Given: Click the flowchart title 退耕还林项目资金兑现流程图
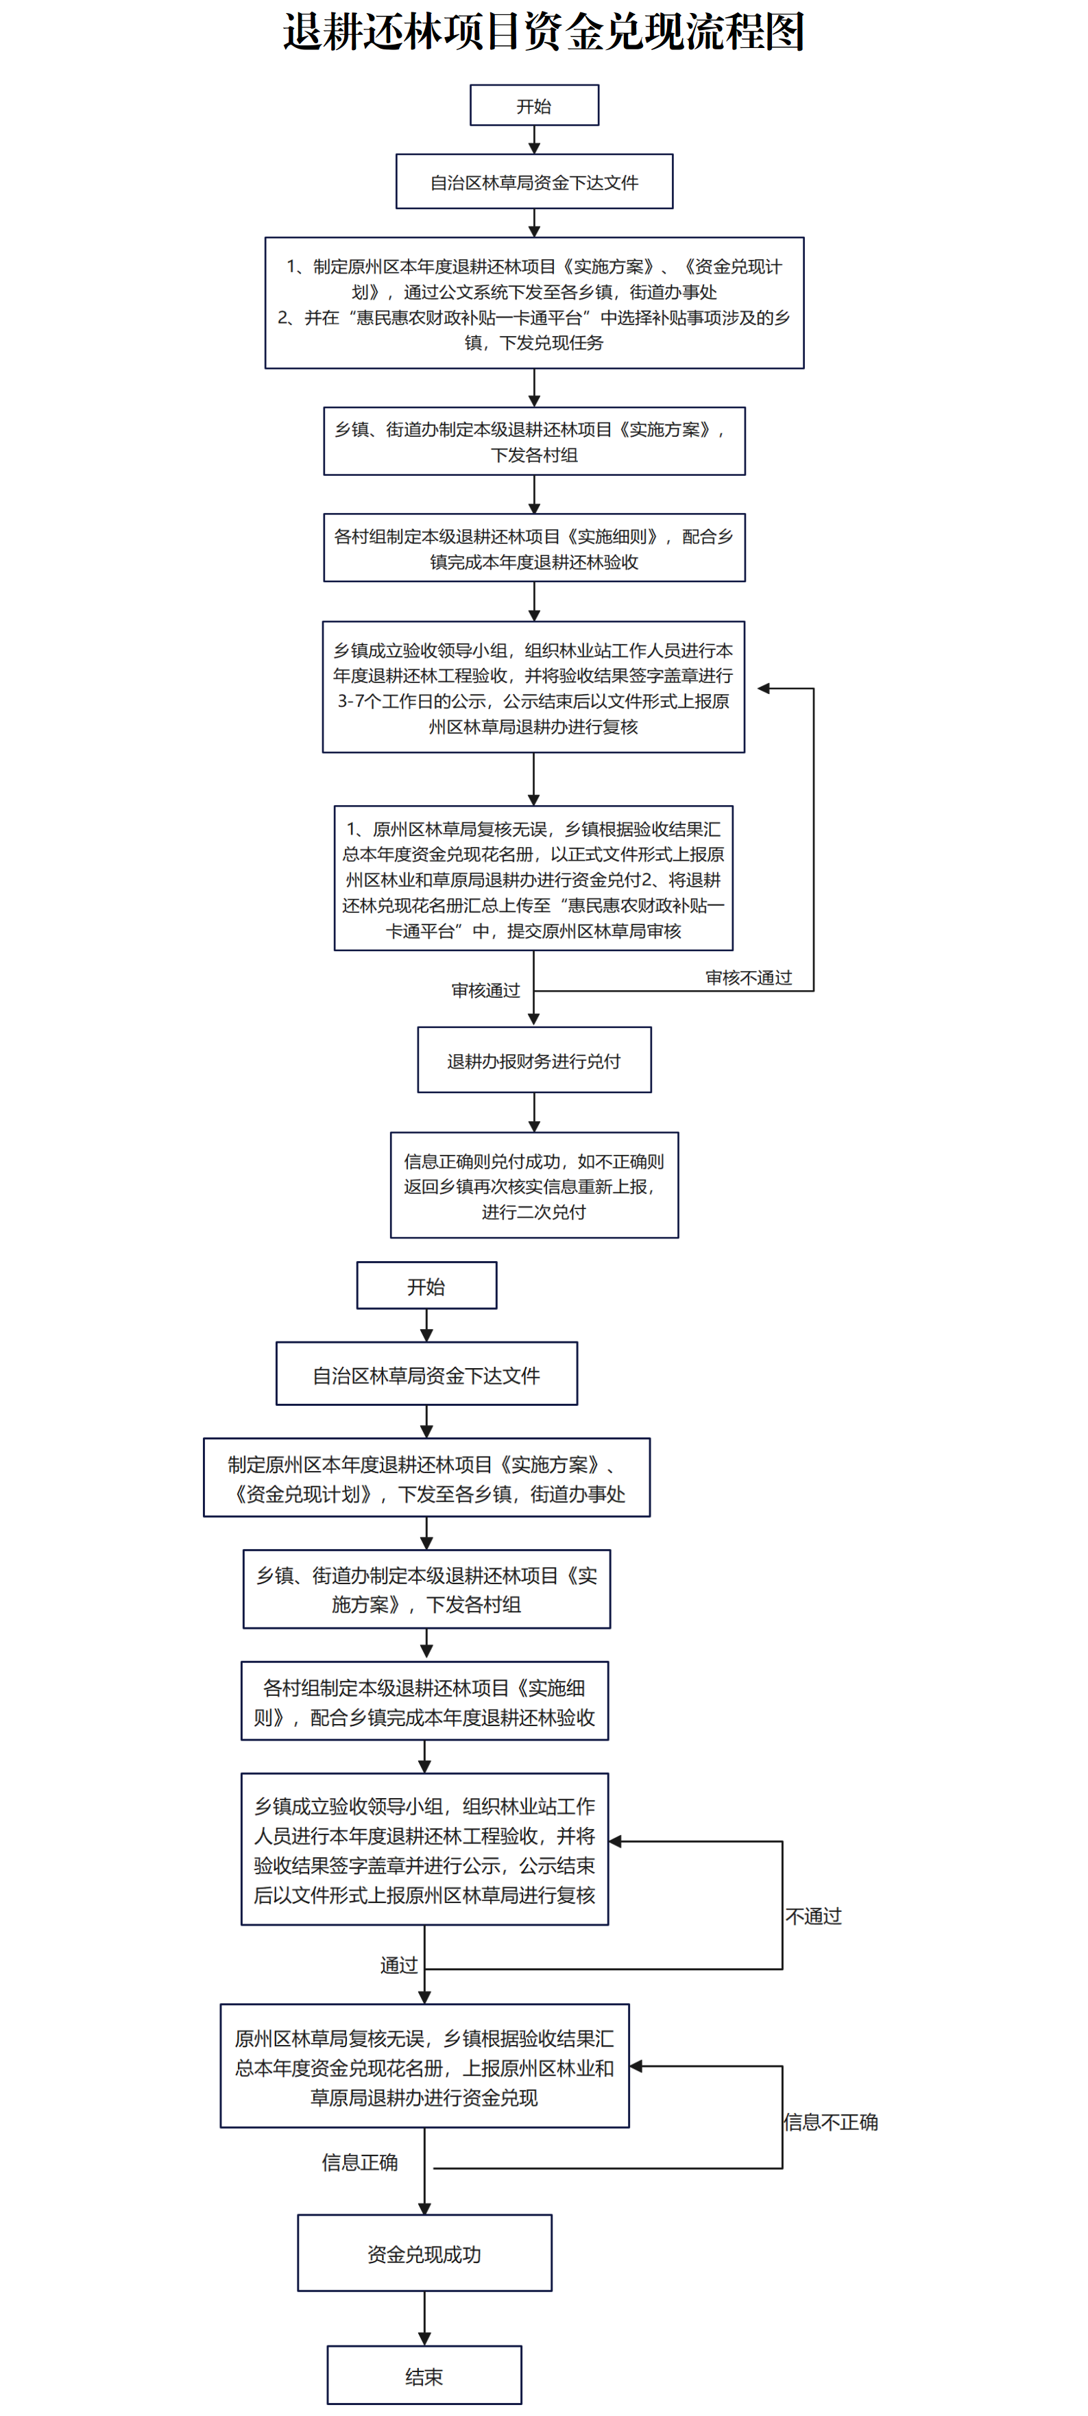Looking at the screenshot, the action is [544, 32].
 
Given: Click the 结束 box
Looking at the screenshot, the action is [424, 2375].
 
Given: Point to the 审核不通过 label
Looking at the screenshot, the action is [749, 977].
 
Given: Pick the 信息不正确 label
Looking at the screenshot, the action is [831, 2122].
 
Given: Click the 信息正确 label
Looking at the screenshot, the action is [360, 2162].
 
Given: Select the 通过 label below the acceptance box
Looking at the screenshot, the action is [398, 1965].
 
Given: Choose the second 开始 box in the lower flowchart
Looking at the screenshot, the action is [426, 1285].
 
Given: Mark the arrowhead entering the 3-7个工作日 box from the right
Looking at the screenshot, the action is [764, 689].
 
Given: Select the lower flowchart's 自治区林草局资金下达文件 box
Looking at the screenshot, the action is [426, 1374].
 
